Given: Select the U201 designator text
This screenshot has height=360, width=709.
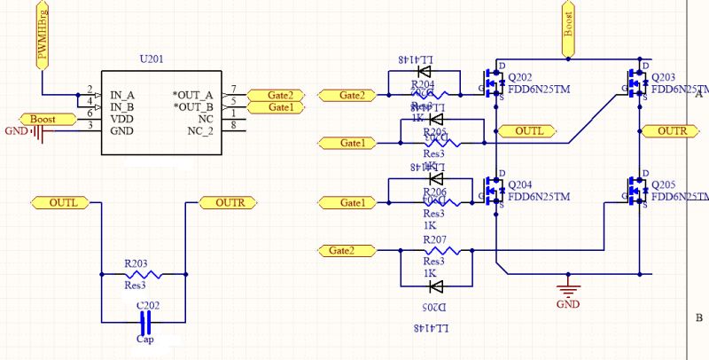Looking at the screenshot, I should (152, 59).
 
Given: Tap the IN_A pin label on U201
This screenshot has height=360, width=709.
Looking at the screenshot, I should (122, 94).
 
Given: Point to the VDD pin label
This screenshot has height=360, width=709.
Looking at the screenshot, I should (122, 118).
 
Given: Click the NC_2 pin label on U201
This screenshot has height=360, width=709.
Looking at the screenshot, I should (200, 130).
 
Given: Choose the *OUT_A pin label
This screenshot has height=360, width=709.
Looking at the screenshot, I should (192, 94).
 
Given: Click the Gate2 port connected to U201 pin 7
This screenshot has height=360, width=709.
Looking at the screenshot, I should (274, 95).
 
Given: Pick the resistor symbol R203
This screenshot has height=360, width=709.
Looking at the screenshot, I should (143, 274).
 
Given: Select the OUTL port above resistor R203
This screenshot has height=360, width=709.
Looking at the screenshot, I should (64, 203).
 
